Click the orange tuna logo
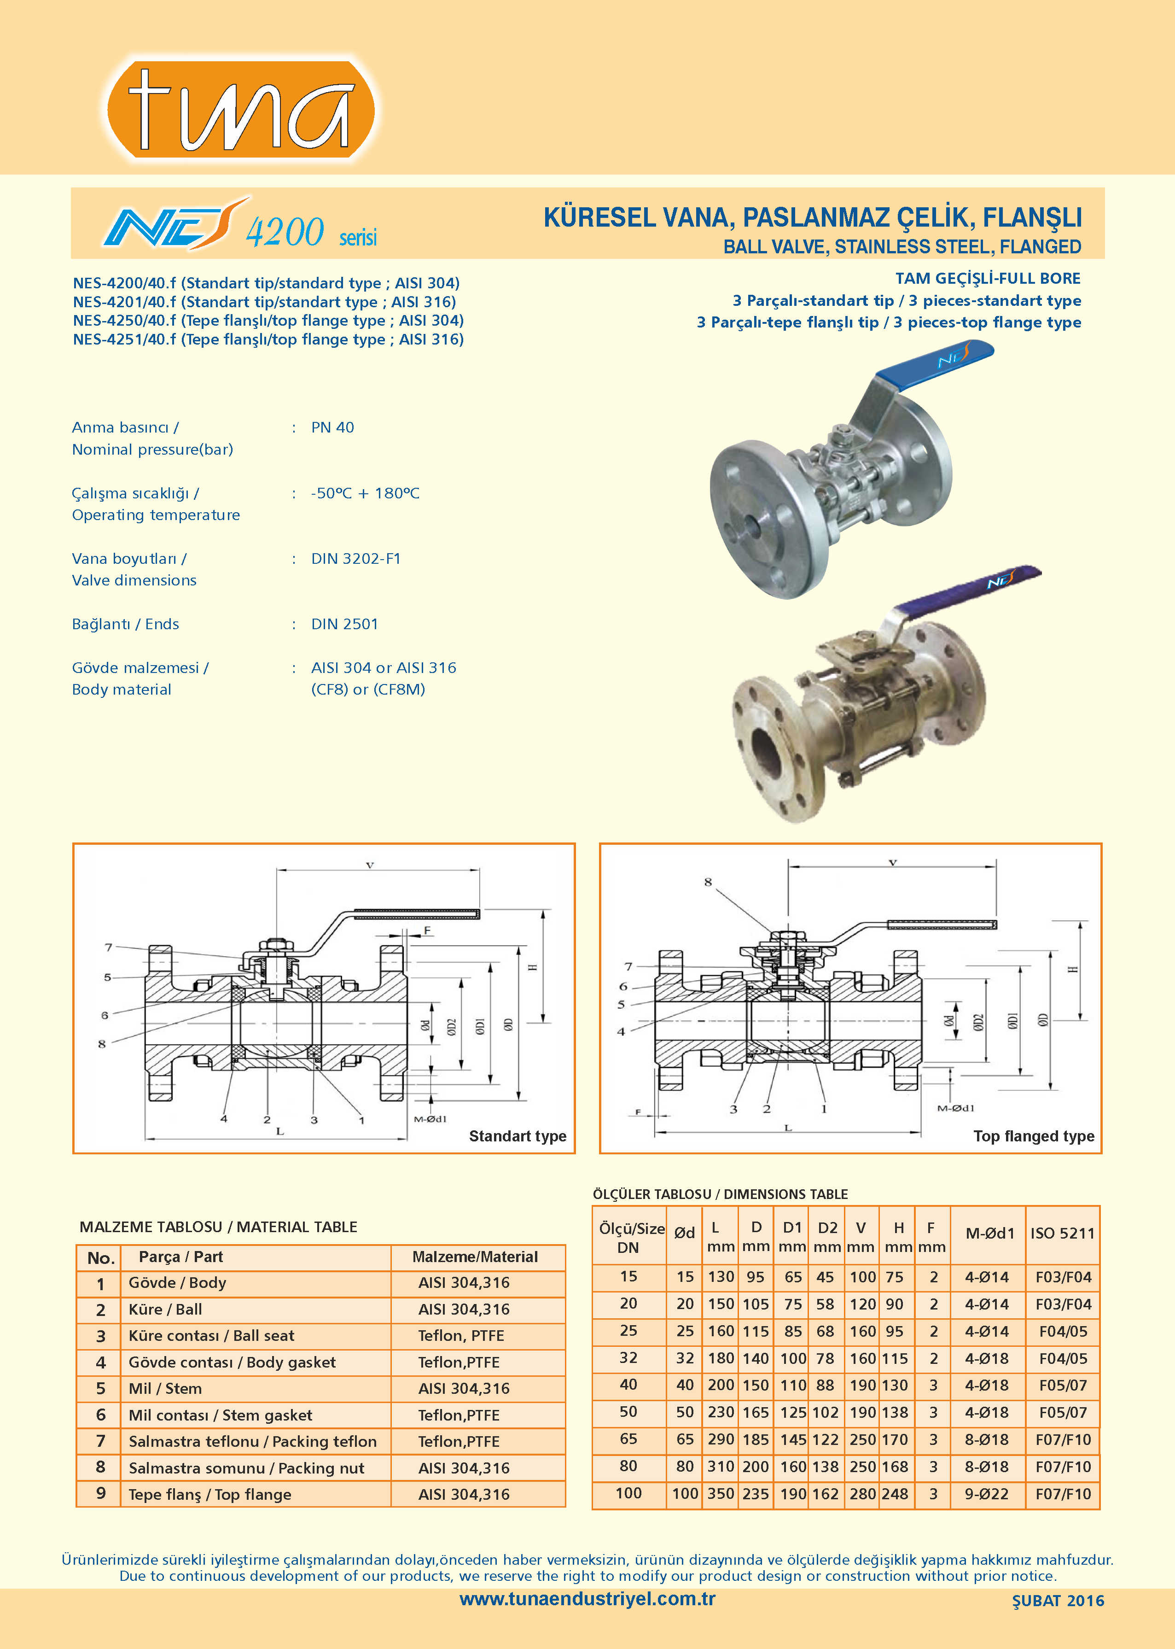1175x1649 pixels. click(x=240, y=109)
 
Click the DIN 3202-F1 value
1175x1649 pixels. click(x=355, y=559)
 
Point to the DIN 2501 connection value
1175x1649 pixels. click(x=344, y=624)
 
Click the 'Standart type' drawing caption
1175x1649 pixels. click(x=518, y=1136)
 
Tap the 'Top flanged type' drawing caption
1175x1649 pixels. click(x=1033, y=1136)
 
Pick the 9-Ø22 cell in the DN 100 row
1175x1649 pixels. click(x=986, y=1493)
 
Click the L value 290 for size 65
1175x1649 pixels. click(x=721, y=1439)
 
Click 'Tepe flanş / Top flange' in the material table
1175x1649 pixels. click(x=210, y=1494)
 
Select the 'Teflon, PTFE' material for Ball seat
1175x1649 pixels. click(x=461, y=1336)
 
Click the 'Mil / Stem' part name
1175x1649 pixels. click(x=165, y=1388)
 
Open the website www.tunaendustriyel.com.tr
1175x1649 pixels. click(x=587, y=1599)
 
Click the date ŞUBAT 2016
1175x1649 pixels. click(x=1058, y=1601)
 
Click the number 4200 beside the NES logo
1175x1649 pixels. click(x=285, y=232)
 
